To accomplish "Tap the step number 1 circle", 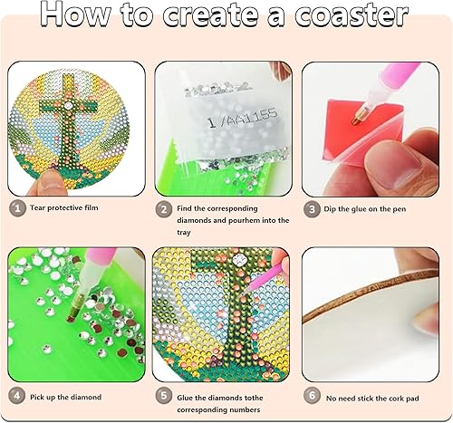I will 15,208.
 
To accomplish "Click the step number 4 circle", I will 15,396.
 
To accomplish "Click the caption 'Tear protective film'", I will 64,208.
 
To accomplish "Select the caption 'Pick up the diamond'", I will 66,396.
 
